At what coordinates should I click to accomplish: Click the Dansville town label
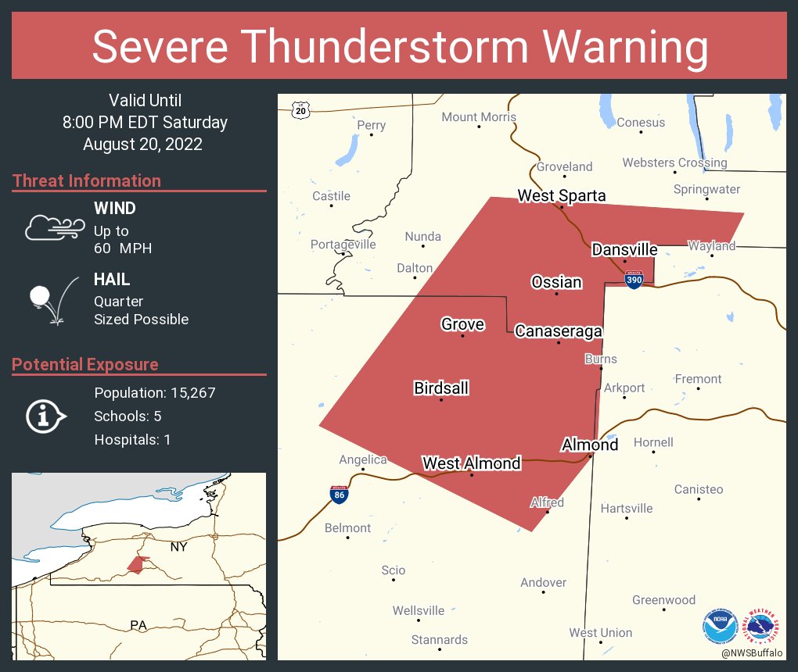pyautogui.click(x=624, y=249)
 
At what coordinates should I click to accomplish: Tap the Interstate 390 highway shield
pyautogui.click(x=634, y=279)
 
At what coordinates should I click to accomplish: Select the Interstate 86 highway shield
pyautogui.click(x=339, y=493)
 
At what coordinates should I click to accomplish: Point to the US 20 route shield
pyautogui.click(x=301, y=110)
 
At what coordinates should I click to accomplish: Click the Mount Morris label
pyautogui.click(x=479, y=117)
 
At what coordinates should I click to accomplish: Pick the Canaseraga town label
pyautogui.click(x=559, y=331)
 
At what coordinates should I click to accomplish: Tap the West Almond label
pyautogui.click(x=471, y=463)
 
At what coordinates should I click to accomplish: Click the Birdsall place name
pyautogui.click(x=441, y=388)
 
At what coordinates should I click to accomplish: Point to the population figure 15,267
pyautogui.click(x=187, y=392)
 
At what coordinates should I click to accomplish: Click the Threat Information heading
pyautogui.click(x=87, y=181)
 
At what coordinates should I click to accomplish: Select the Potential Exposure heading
pyautogui.click(x=85, y=365)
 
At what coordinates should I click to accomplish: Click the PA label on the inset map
pyautogui.click(x=138, y=625)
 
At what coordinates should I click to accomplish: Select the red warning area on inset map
pyautogui.click(x=138, y=564)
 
